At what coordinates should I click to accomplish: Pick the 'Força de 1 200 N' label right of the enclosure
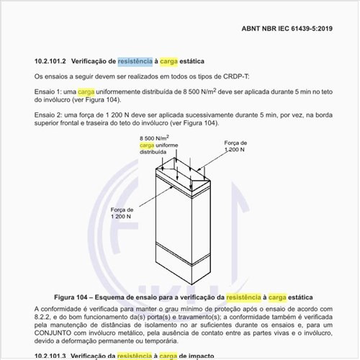pyautogui.click(x=234, y=147)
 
